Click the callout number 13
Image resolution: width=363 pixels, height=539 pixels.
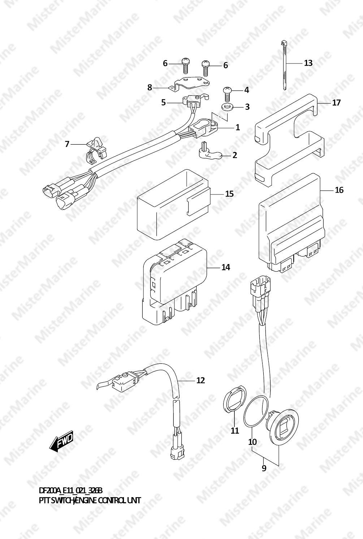[308, 63]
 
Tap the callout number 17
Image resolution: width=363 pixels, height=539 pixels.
[336, 103]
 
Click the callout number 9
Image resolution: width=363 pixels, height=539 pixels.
[264, 468]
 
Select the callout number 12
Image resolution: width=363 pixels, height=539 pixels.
[200, 380]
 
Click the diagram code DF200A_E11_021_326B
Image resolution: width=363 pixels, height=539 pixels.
[71, 491]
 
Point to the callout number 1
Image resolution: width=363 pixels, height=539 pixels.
[237, 127]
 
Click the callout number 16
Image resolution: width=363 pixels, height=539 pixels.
[339, 190]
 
